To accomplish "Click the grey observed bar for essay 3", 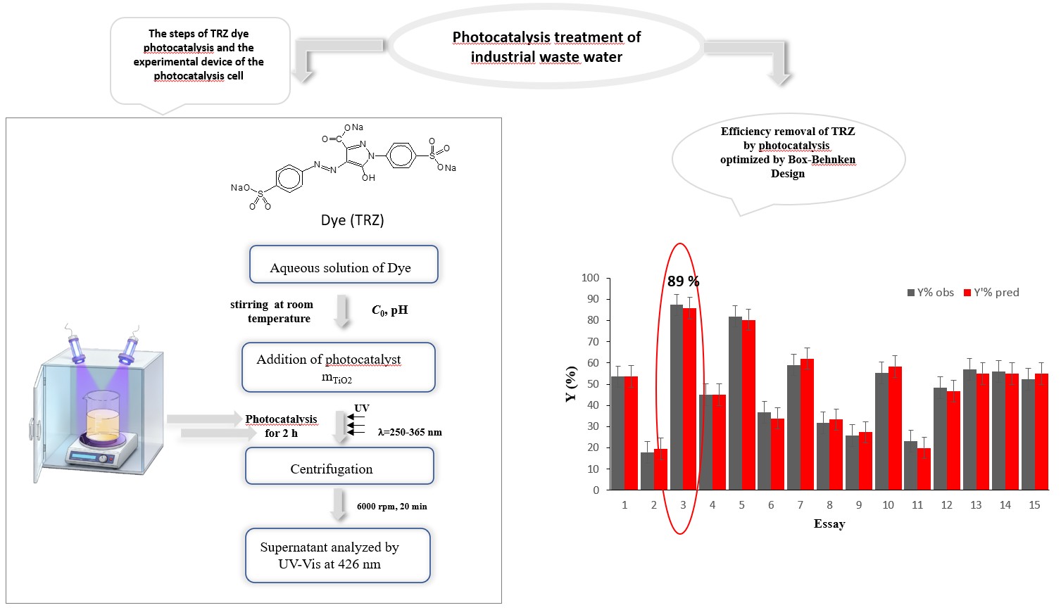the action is pyautogui.click(x=677, y=397).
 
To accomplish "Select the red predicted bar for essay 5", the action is pyautogui.click(x=748, y=405).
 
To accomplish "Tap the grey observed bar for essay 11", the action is pyautogui.click(x=910, y=466).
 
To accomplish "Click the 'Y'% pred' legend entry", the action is pyautogui.click(x=991, y=293).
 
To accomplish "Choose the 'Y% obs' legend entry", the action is pyautogui.click(x=930, y=293).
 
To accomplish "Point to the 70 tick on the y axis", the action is pyautogui.click(x=593, y=341).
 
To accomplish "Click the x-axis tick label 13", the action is pyautogui.click(x=976, y=505).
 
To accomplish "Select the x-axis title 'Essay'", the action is pyautogui.click(x=829, y=523).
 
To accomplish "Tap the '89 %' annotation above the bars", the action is pyautogui.click(x=683, y=281).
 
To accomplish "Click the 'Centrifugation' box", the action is pyautogui.click(x=339, y=466).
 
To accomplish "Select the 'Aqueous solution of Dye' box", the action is pyautogui.click(x=344, y=264).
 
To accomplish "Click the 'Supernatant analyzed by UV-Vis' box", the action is pyautogui.click(x=338, y=555).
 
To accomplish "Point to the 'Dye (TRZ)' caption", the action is pyautogui.click(x=353, y=220).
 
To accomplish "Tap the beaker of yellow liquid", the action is pyautogui.click(x=103, y=417).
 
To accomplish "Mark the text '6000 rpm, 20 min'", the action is pyautogui.click(x=391, y=507).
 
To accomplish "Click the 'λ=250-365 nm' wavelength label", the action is pyautogui.click(x=410, y=432).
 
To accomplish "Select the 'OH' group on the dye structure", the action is pyautogui.click(x=368, y=178).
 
